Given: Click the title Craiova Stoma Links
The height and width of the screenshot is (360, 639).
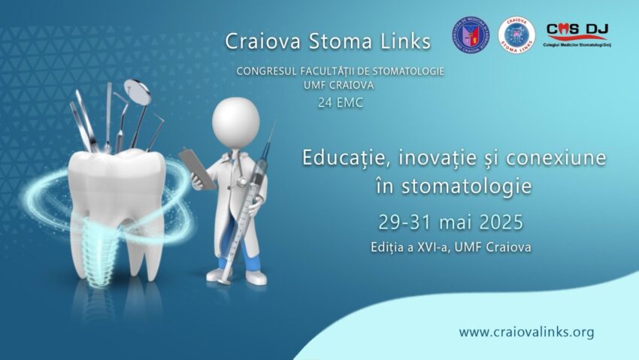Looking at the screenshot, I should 328,41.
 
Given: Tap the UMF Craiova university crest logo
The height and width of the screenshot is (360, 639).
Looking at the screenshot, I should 469,35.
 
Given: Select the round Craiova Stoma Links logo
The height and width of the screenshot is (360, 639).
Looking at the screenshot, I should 516,35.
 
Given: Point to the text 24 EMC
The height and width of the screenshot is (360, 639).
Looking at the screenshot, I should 340,102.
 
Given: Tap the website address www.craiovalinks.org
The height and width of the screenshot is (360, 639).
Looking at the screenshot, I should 526,331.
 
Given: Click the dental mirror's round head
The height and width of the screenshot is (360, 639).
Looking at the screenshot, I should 138,91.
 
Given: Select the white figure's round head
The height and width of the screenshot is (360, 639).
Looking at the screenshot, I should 235,121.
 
